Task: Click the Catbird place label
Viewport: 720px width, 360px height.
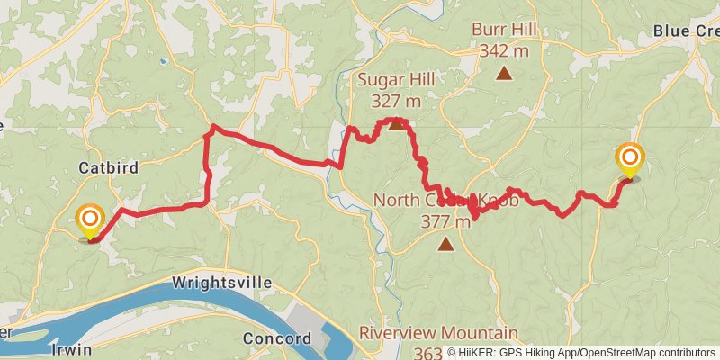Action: click(107, 167)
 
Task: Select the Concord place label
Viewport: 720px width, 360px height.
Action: click(277, 339)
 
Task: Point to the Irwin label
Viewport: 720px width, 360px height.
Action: click(72, 349)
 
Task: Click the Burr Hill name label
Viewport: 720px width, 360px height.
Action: click(504, 30)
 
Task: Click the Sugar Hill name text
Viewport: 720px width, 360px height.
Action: click(396, 80)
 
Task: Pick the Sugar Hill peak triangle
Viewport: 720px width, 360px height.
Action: click(396, 123)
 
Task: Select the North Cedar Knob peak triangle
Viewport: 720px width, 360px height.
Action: click(445, 243)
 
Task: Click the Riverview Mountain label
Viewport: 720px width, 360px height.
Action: click(438, 333)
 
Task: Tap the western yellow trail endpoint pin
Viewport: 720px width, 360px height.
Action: click(90, 220)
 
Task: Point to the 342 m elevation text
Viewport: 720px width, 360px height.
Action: click(504, 50)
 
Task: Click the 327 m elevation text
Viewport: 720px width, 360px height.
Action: click(396, 101)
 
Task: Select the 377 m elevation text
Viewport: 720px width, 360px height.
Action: click(445, 221)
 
